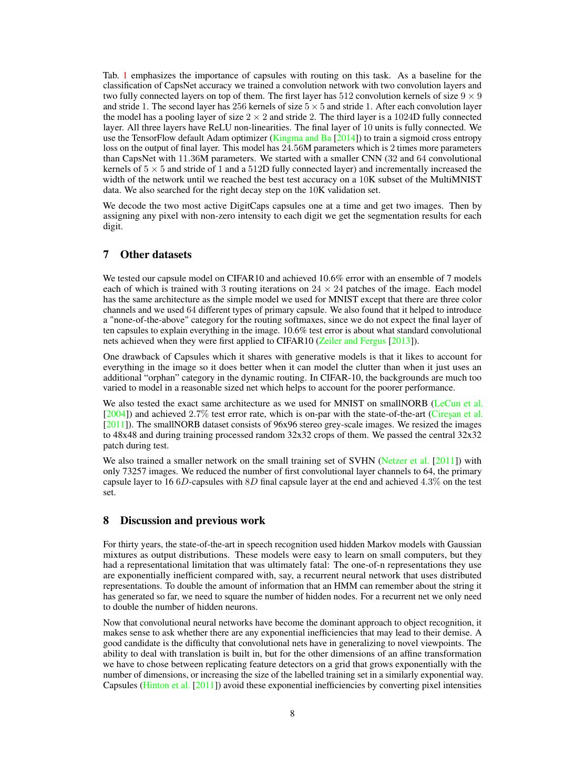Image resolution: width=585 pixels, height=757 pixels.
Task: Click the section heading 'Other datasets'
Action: click(156, 254)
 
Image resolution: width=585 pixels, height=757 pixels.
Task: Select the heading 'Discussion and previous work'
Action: click(192, 520)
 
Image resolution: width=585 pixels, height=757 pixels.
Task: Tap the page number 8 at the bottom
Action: click(292, 713)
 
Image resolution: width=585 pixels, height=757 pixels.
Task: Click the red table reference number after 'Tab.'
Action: click(125, 75)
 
